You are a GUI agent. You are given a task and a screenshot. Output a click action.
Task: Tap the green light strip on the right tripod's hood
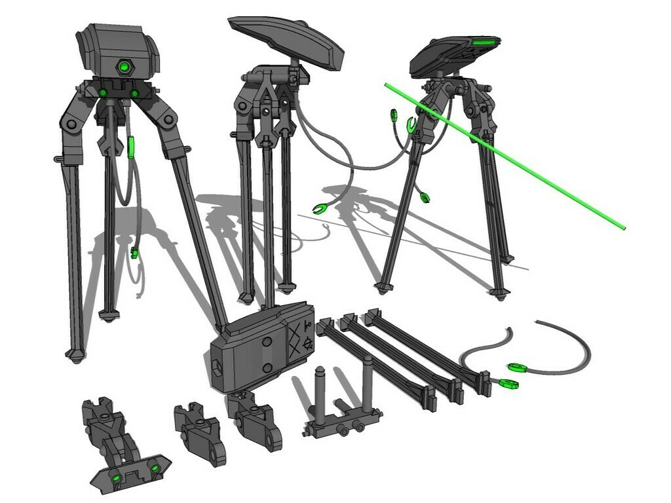tap(484, 43)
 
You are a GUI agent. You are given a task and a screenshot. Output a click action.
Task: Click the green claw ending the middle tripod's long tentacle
tap(320, 209)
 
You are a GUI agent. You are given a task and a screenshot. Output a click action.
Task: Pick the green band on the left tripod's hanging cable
tap(131, 148)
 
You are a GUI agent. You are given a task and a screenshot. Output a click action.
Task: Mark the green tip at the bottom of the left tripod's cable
tap(134, 253)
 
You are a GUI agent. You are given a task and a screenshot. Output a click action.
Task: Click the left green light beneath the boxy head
tap(103, 93)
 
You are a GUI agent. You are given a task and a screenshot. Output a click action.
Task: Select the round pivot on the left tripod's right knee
tap(170, 119)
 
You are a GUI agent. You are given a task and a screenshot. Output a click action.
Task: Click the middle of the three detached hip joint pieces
tap(200, 432)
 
